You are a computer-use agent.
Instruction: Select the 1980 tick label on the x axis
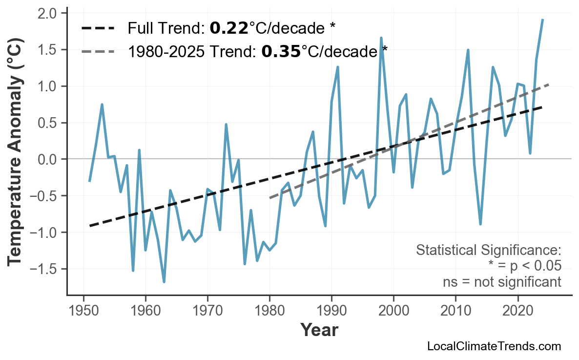point(269,311)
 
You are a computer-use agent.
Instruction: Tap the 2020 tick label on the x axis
point(517,311)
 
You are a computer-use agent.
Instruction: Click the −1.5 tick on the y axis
point(47,269)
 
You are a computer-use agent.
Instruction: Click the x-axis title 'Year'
point(319,330)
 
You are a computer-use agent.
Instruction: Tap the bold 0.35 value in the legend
point(281,51)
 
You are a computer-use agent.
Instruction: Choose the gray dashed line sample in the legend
point(98,51)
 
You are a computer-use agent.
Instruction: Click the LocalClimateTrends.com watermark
point(494,346)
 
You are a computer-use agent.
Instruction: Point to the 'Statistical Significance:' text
point(488,251)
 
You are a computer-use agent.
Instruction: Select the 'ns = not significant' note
point(502,282)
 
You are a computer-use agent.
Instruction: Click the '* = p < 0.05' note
point(524,266)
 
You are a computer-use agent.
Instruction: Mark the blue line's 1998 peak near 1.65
point(381,38)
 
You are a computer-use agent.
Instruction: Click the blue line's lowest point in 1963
point(164,282)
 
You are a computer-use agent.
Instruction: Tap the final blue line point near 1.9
point(542,20)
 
